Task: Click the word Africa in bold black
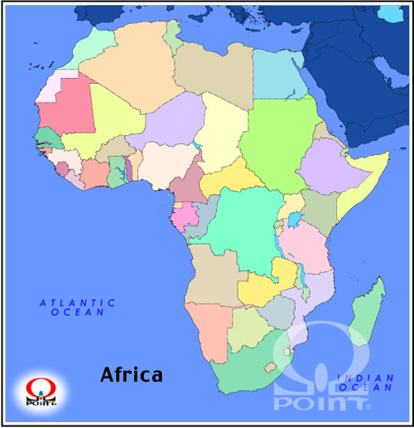coord(132,374)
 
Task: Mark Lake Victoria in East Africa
coord(294,221)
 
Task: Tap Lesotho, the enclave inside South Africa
coord(269,367)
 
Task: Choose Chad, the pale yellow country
coord(219,133)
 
